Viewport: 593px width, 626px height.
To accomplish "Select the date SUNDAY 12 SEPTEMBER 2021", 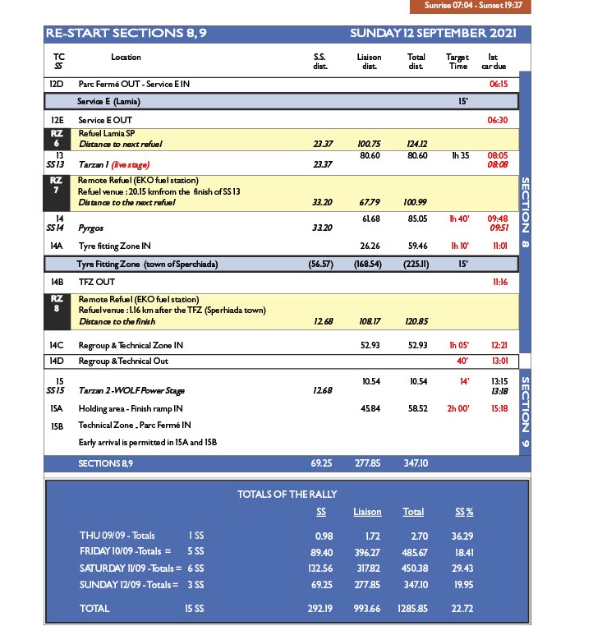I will click(x=433, y=34).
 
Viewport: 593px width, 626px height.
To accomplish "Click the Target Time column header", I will click(x=457, y=62).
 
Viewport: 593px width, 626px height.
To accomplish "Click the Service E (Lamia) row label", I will click(x=108, y=102).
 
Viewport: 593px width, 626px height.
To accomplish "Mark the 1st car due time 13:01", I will click(x=499, y=361).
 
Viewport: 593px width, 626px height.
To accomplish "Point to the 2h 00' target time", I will click(x=457, y=408).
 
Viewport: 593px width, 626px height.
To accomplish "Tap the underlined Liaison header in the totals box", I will click(x=367, y=512).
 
